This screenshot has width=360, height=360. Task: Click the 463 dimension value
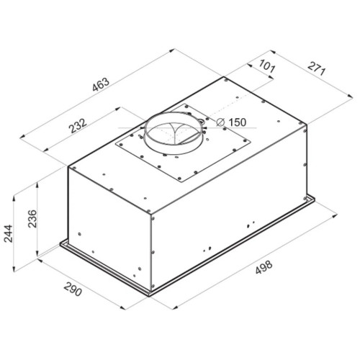click(101, 84)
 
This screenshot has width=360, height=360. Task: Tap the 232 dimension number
click(78, 125)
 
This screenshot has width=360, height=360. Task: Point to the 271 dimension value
click(317, 68)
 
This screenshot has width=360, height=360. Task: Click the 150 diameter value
click(237, 122)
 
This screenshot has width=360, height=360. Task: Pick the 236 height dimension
click(32, 218)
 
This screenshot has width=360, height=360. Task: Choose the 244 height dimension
click(8, 234)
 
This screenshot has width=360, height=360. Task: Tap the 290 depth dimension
click(73, 289)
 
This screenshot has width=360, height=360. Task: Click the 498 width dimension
click(264, 267)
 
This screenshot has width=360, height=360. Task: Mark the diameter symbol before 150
click(220, 122)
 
